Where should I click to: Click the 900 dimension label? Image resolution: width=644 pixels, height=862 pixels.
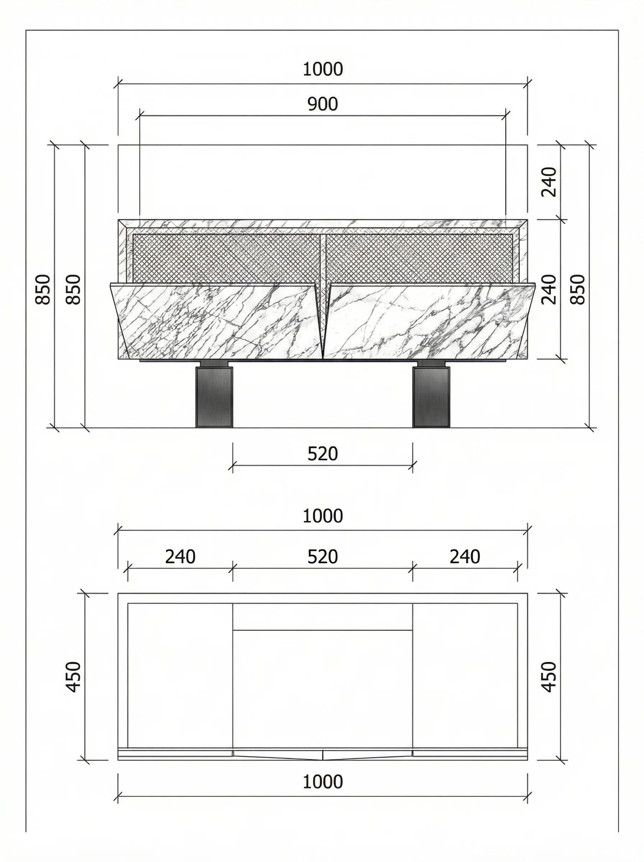pyautogui.click(x=322, y=104)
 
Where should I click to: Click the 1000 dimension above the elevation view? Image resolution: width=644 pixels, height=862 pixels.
pyautogui.click(x=322, y=69)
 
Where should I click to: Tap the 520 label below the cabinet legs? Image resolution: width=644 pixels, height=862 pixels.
pyautogui.click(x=322, y=454)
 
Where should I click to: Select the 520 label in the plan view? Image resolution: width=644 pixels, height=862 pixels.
pyautogui.click(x=322, y=557)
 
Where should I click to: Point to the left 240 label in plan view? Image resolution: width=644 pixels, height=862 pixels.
pyautogui.click(x=180, y=557)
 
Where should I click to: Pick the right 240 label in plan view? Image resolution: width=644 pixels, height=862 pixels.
pyautogui.click(x=465, y=557)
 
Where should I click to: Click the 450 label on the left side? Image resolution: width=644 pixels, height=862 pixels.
pyautogui.click(x=74, y=677)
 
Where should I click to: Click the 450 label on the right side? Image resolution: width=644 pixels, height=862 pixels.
pyautogui.click(x=549, y=677)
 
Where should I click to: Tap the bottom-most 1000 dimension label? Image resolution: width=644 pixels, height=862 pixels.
pyautogui.click(x=322, y=782)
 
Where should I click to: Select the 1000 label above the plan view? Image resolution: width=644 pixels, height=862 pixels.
pyautogui.click(x=322, y=516)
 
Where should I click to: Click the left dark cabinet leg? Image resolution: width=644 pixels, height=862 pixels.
pyautogui.click(x=214, y=397)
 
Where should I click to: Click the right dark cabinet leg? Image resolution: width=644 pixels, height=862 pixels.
pyautogui.click(x=431, y=397)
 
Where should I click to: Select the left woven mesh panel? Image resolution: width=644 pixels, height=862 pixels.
pyautogui.click(x=226, y=257)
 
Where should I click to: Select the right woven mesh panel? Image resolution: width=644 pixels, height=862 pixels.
pyautogui.click(x=419, y=257)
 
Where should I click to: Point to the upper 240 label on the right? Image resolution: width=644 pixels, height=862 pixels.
pyautogui.click(x=549, y=182)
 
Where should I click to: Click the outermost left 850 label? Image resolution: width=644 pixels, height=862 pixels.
pyautogui.click(x=43, y=289)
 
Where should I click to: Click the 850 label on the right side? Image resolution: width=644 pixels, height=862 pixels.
pyautogui.click(x=578, y=289)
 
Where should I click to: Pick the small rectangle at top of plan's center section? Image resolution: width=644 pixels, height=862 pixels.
pyautogui.click(x=322, y=616)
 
